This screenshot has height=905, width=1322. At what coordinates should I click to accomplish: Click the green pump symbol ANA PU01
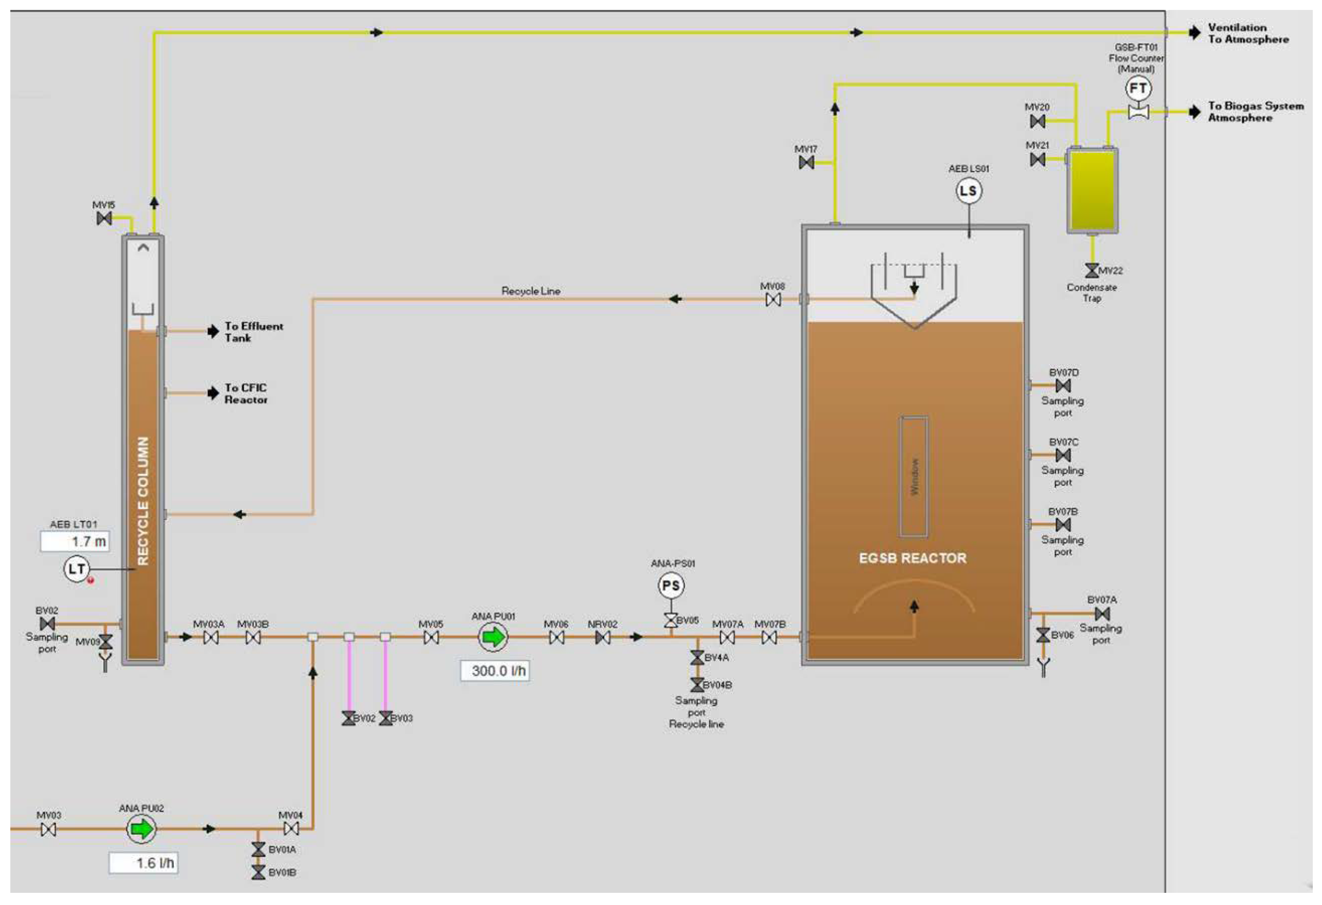pos(493,637)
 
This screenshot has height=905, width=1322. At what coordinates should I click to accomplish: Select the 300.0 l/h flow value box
pos(495,671)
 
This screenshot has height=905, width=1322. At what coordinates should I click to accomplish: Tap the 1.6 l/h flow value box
pos(143,863)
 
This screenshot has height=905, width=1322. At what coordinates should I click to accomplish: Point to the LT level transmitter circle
pos(76,569)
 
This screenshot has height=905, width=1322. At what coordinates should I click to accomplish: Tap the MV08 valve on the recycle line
pos(773,300)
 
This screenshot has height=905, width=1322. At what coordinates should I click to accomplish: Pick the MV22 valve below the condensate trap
pos(1092,270)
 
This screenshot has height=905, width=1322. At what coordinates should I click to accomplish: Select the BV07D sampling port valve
pos(1062,386)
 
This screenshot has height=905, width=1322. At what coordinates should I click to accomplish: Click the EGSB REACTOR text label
pos(912,558)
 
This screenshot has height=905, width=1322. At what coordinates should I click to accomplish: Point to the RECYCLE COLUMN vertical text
pos(143,500)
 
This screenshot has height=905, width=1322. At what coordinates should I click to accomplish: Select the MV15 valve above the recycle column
pos(104,218)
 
